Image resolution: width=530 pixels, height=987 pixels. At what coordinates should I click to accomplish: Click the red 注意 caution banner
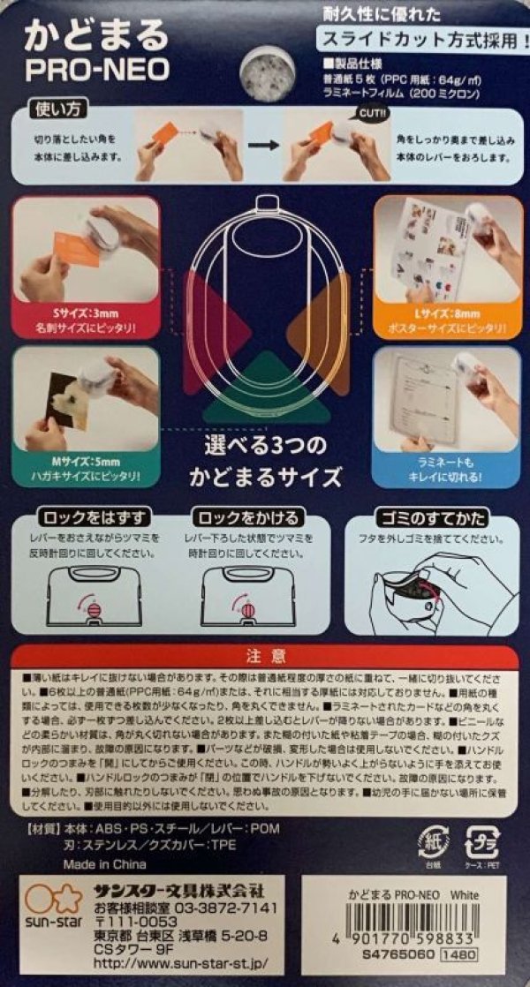pos(265,656)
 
